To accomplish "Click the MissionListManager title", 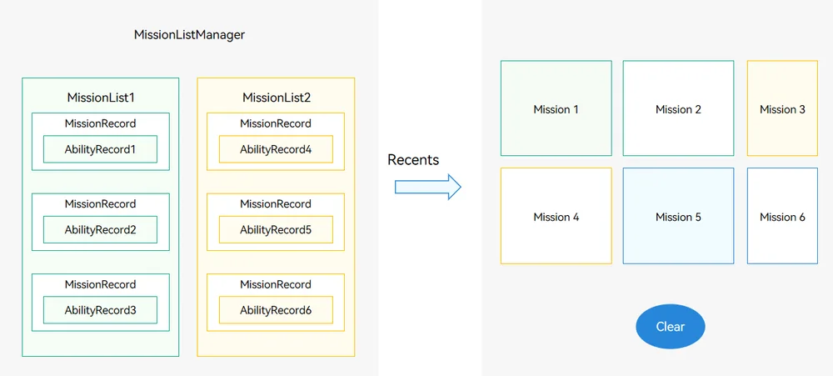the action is click(x=189, y=35).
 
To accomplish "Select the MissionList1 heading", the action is click(x=101, y=98).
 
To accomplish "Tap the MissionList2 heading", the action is click(x=277, y=98).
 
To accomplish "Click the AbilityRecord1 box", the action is click(x=101, y=149).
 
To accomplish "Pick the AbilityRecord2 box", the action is click(x=101, y=230).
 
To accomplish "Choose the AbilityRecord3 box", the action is click(x=101, y=310).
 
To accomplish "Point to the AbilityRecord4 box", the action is click(x=276, y=149).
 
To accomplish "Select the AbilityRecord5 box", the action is click(x=276, y=230).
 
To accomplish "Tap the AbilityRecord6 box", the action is click(x=276, y=310).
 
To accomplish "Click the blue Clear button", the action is click(x=671, y=327).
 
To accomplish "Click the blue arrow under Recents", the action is click(x=427, y=187).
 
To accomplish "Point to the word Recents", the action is click(x=413, y=159).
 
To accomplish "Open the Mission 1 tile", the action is click(x=556, y=108).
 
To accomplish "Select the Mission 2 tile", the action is click(x=678, y=108).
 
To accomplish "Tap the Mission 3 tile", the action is click(x=782, y=108).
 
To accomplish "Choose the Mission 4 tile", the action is click(x=556, y=216).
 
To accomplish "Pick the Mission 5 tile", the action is click(x=678, y=216).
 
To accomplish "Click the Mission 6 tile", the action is click(x=782, y=216).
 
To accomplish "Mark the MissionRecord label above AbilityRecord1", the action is click(x=101, y=124).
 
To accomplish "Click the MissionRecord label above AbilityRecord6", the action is click(x=276, y=284).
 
